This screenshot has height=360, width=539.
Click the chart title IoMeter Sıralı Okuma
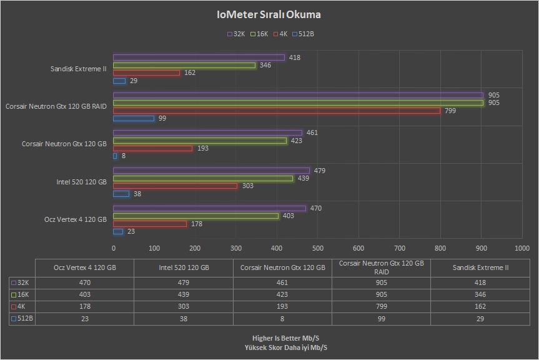click(x=269, y=14)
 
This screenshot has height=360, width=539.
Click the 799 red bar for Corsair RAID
click(x=277, y=111)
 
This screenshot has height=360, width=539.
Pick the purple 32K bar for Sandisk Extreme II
click(x=199, y=57)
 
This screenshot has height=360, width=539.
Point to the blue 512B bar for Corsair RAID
click(x=134, y=118)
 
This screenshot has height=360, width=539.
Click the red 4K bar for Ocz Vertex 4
click(x=150, y=224)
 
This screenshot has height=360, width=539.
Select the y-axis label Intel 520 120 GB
click(x=82, y=182)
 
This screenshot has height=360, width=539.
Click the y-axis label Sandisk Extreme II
click(x=79, y=69)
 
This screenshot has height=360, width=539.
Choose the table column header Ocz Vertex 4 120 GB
click(x=85, y=267)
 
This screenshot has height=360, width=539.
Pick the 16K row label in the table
click(x=22, y=294)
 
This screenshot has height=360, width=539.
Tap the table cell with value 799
click(x=381, y=306)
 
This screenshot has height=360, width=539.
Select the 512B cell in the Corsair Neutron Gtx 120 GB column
click(x=282, y=319)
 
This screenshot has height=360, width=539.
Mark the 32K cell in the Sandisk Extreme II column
click(x=480, y=282)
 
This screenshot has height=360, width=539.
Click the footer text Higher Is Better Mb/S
click(x=269, y=338)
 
